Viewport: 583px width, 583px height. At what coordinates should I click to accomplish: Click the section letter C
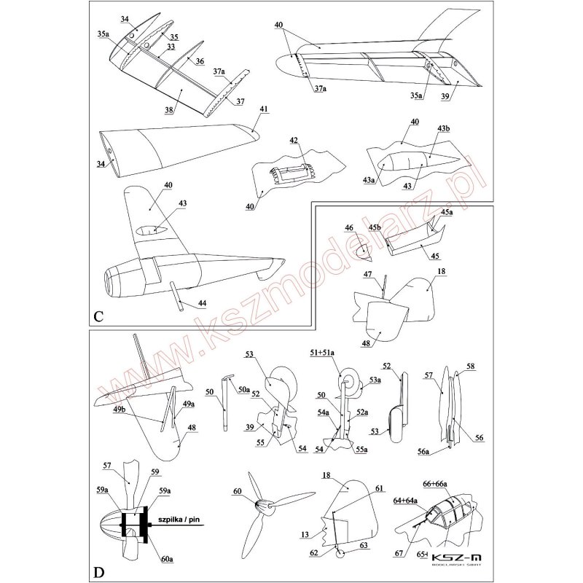point(98,316)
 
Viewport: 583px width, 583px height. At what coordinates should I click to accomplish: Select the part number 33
point(171,47)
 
